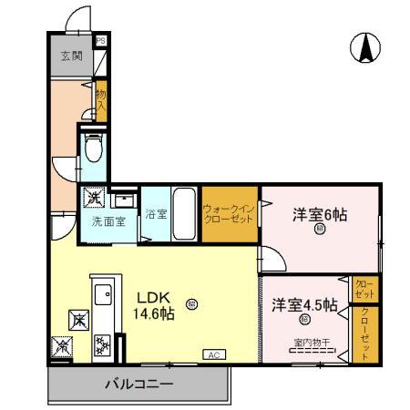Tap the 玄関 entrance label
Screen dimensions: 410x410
[x=71, y=56]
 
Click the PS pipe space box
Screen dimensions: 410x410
[x=101, y=40]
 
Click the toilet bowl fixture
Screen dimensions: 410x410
[x=93, y=149]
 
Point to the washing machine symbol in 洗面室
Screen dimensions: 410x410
[x=95, y=198]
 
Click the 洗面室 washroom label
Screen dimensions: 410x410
[x=106, y=221]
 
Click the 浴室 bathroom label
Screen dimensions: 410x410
[x=156, y=215]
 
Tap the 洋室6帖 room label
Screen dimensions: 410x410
[x=319, y=215]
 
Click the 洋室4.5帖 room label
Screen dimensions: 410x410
[x=304, y=304]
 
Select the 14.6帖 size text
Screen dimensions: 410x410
[x=156, y=313]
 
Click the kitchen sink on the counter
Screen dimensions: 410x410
[x=102, y=294]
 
